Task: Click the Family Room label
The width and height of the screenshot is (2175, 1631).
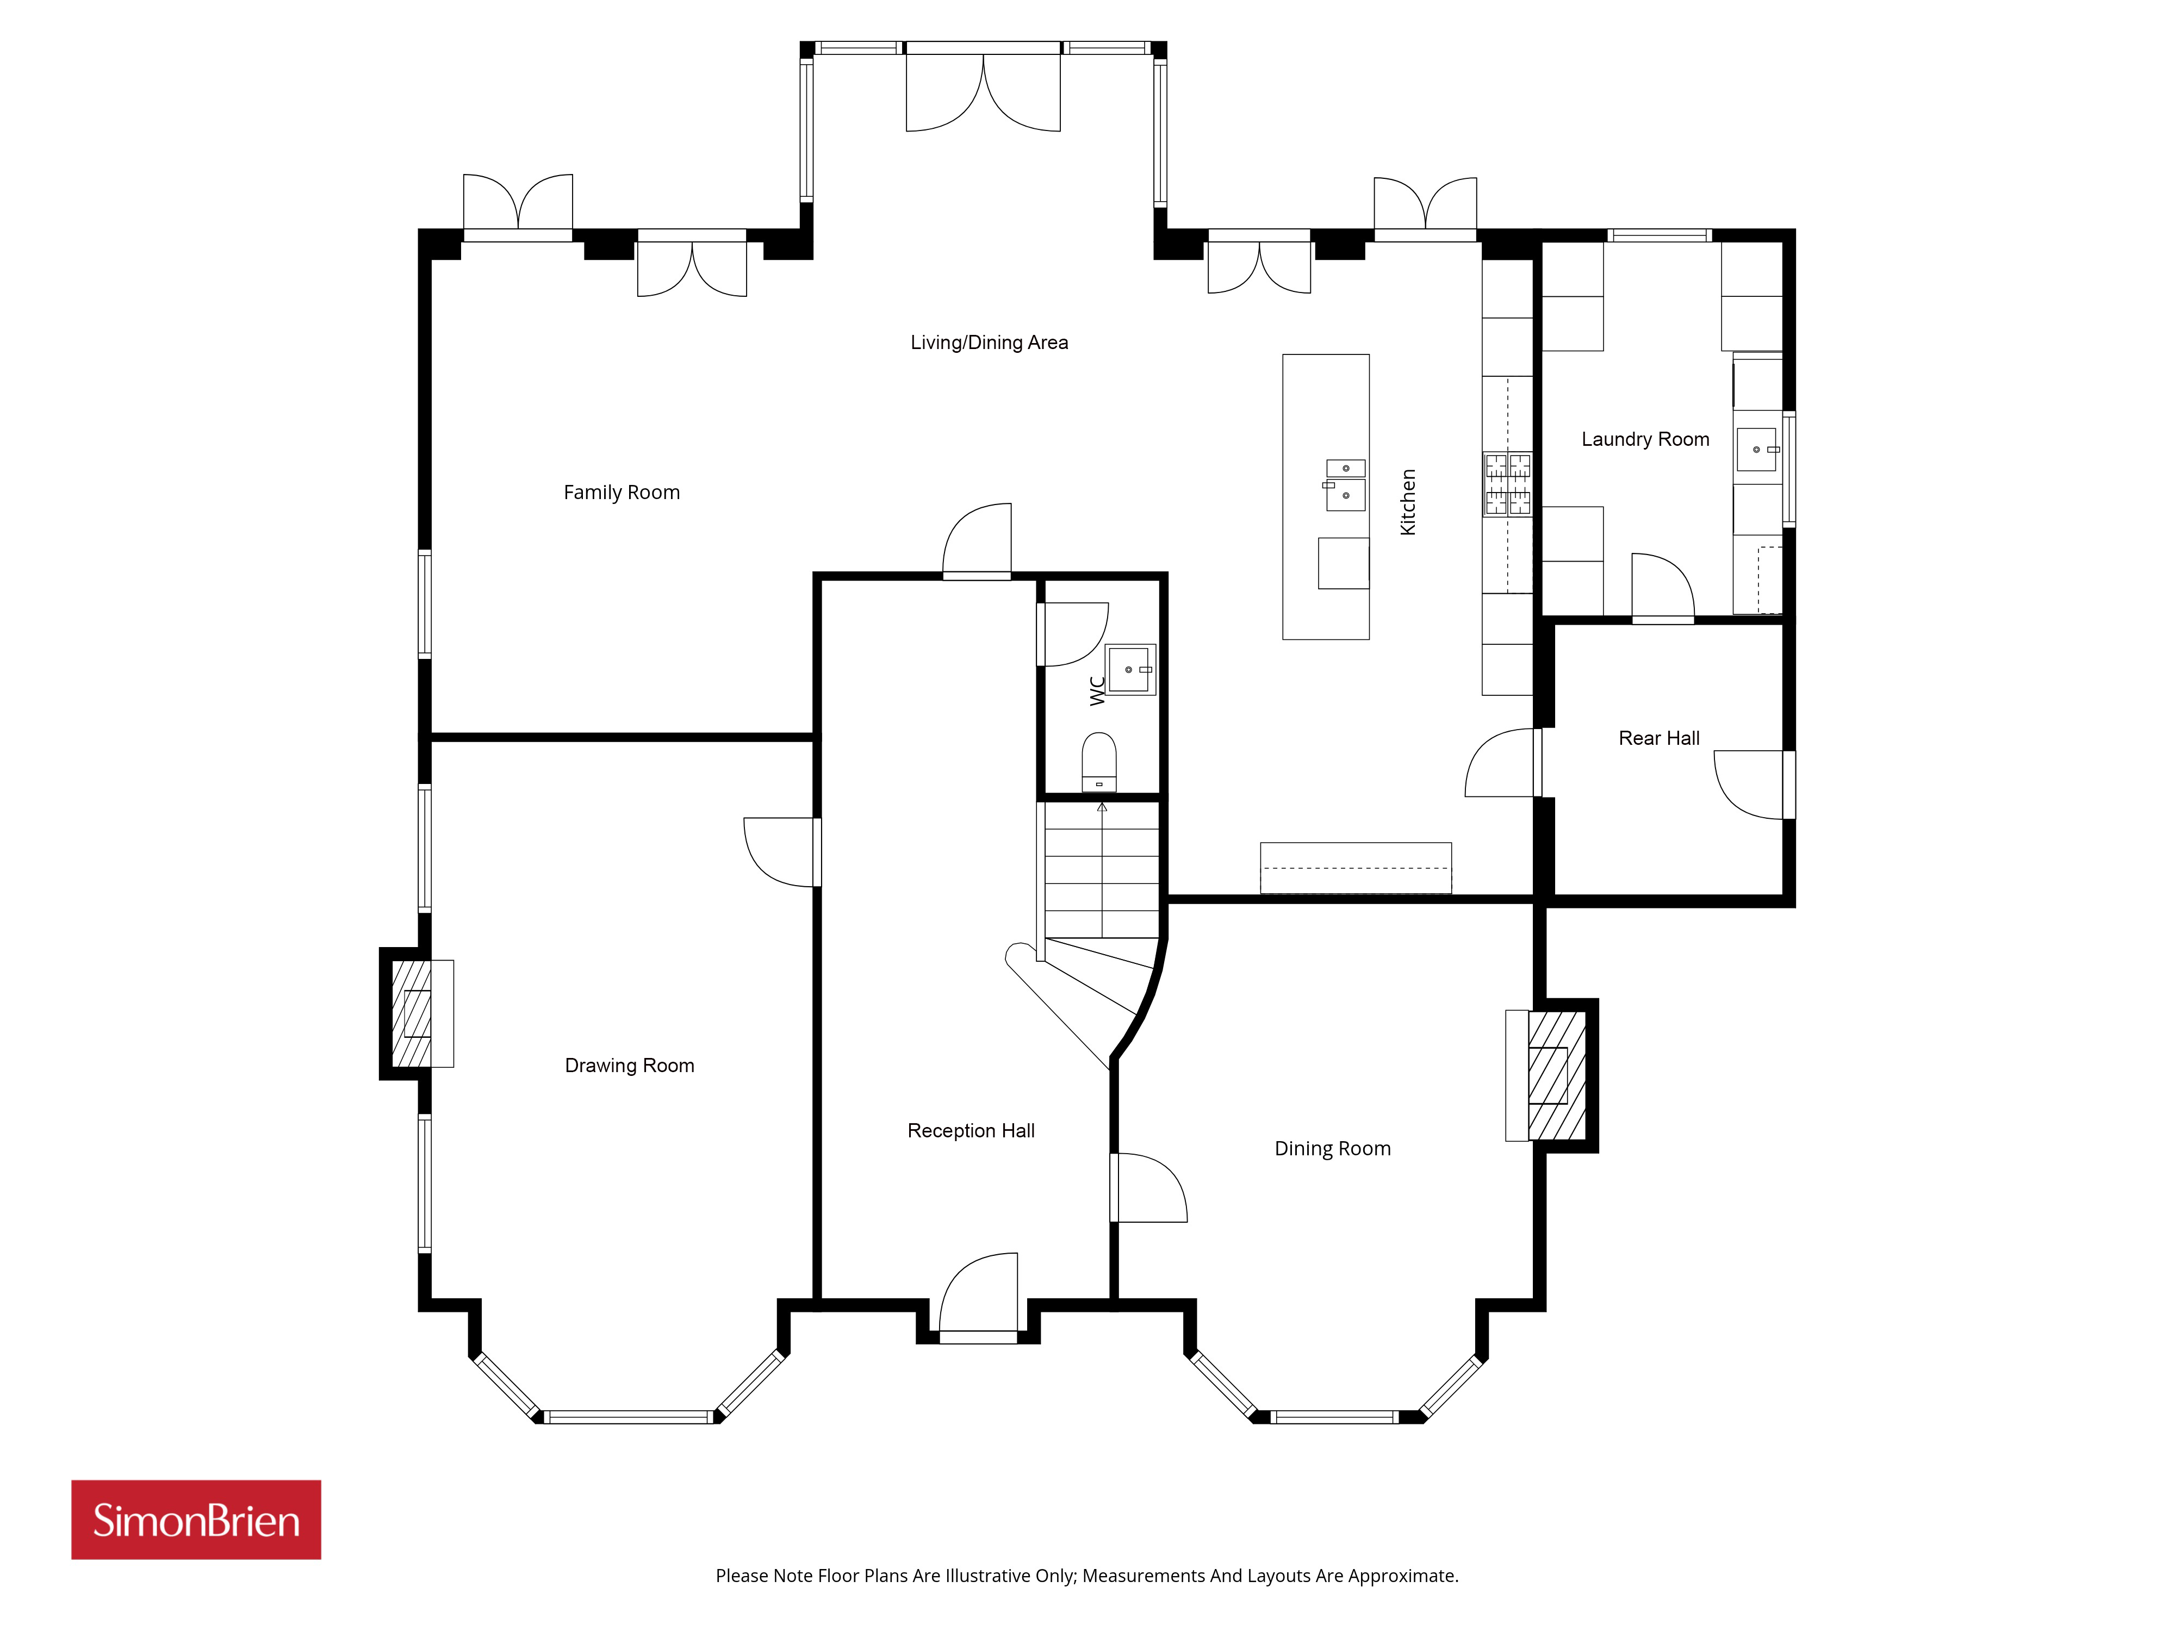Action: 622,493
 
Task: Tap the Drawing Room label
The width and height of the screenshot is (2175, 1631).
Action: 629,1066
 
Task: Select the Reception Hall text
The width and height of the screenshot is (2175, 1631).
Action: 971,1131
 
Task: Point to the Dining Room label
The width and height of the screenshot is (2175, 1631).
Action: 1332,1148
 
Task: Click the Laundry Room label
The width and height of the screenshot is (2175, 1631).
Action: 1645,439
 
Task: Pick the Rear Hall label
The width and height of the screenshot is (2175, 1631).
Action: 1659,738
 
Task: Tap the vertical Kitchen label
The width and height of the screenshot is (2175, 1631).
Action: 1408,501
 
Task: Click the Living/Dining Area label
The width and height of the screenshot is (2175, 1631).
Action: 989,342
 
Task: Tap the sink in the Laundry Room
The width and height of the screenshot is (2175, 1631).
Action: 1757,449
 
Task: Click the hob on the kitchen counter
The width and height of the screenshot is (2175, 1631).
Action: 1507,484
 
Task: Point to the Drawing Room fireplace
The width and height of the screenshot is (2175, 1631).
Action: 417,1013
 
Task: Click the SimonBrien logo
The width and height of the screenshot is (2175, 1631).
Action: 196,1520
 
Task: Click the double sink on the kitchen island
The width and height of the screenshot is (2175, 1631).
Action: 1345,485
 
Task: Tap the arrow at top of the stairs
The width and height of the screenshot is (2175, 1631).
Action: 1102,807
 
